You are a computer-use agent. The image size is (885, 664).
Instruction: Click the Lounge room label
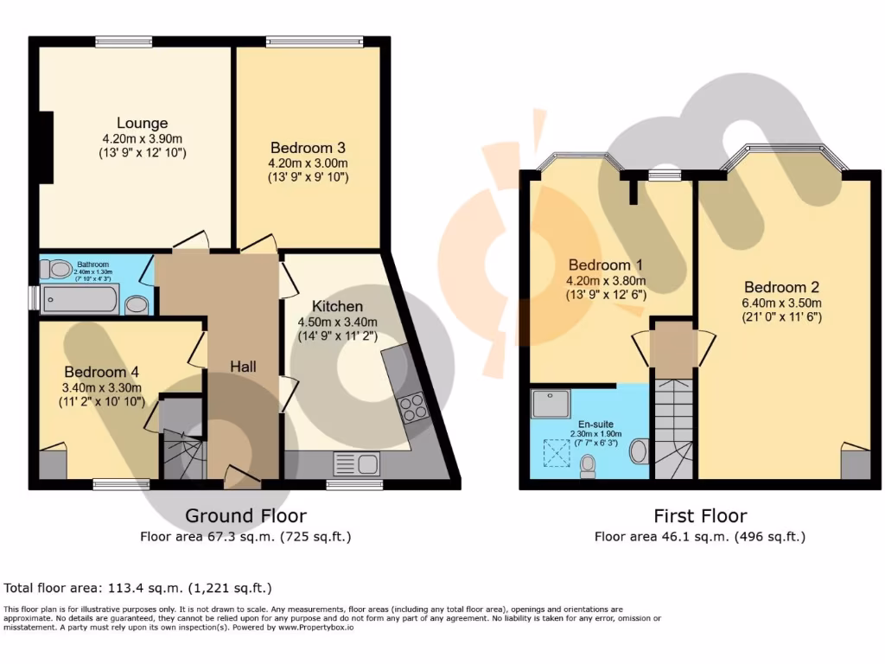tap(143, 123)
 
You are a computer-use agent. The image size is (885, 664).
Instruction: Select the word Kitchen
tap(337, 306)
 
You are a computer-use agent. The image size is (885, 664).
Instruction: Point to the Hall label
tap(243, 367)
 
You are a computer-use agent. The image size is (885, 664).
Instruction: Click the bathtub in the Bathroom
tap(80, 299)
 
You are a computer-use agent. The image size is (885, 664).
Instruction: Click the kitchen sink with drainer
tap(355, 464)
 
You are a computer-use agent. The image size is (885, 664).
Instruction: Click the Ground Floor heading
tap(245, 516)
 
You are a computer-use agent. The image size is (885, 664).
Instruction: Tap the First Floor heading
tap(699, 516)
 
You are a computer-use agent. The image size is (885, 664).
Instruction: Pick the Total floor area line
tap(138, 588)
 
